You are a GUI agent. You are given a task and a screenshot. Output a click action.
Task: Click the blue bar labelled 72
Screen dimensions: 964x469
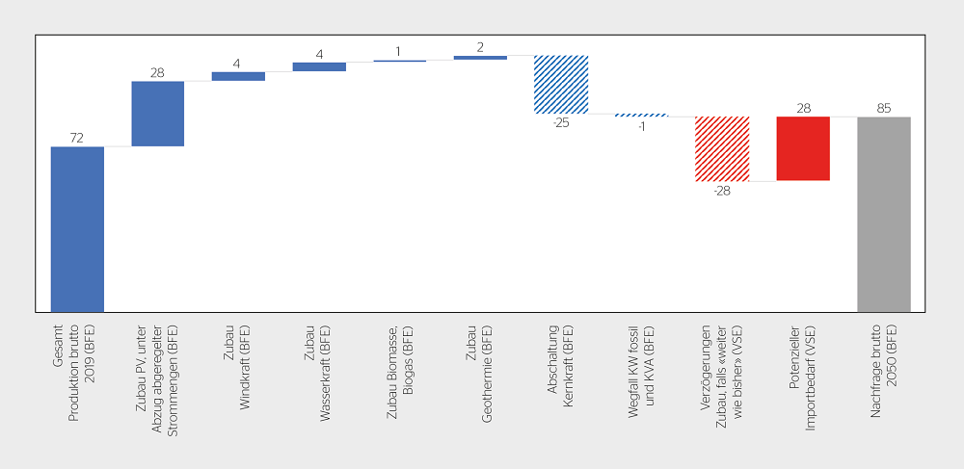point(77,229)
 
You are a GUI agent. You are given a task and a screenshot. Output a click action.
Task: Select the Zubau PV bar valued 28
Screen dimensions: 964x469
point(158,114)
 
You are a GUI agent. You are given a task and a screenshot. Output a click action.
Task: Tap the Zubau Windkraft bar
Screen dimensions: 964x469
point(238,76)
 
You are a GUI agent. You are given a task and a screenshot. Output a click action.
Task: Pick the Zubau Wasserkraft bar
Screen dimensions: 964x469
point(319,66)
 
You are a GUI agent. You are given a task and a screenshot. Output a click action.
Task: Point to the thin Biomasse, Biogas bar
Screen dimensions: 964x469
point(400,61)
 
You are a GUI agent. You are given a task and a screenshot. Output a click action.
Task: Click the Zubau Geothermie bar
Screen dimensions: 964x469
point(480,58)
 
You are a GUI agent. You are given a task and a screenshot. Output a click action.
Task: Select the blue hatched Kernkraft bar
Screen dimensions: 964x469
point(561,85)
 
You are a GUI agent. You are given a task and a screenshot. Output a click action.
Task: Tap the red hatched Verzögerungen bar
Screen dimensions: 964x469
point(722,148)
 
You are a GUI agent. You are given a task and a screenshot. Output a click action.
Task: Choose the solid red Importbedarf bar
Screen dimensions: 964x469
point(803,148)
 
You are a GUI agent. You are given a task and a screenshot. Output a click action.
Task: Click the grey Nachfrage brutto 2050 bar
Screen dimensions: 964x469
point(883,214)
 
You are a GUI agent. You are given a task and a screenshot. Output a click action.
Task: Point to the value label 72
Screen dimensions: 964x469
point(76,139)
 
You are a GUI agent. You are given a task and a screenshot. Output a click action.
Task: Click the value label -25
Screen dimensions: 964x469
point(561,122)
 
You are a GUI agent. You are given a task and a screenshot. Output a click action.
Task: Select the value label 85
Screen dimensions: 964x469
point(883,109)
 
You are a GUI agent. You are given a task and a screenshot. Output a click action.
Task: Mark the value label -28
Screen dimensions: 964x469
point(722,191)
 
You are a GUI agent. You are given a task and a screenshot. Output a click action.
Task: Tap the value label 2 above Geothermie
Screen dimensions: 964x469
point(480,48)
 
